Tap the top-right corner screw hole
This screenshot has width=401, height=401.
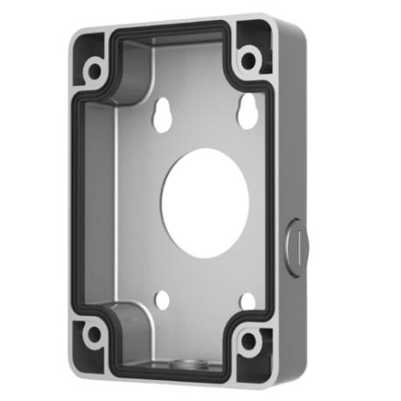click(251, 62)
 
